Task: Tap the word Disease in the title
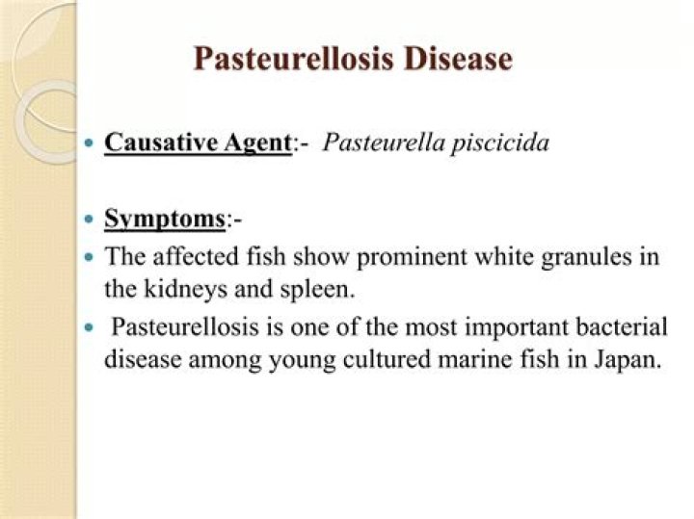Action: [457, 59]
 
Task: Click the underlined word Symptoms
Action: [165, 219]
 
